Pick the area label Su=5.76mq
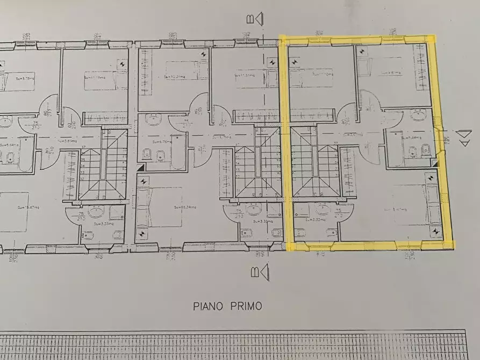[x=161, y=142]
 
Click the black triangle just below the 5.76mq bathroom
[x=141, y=168]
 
